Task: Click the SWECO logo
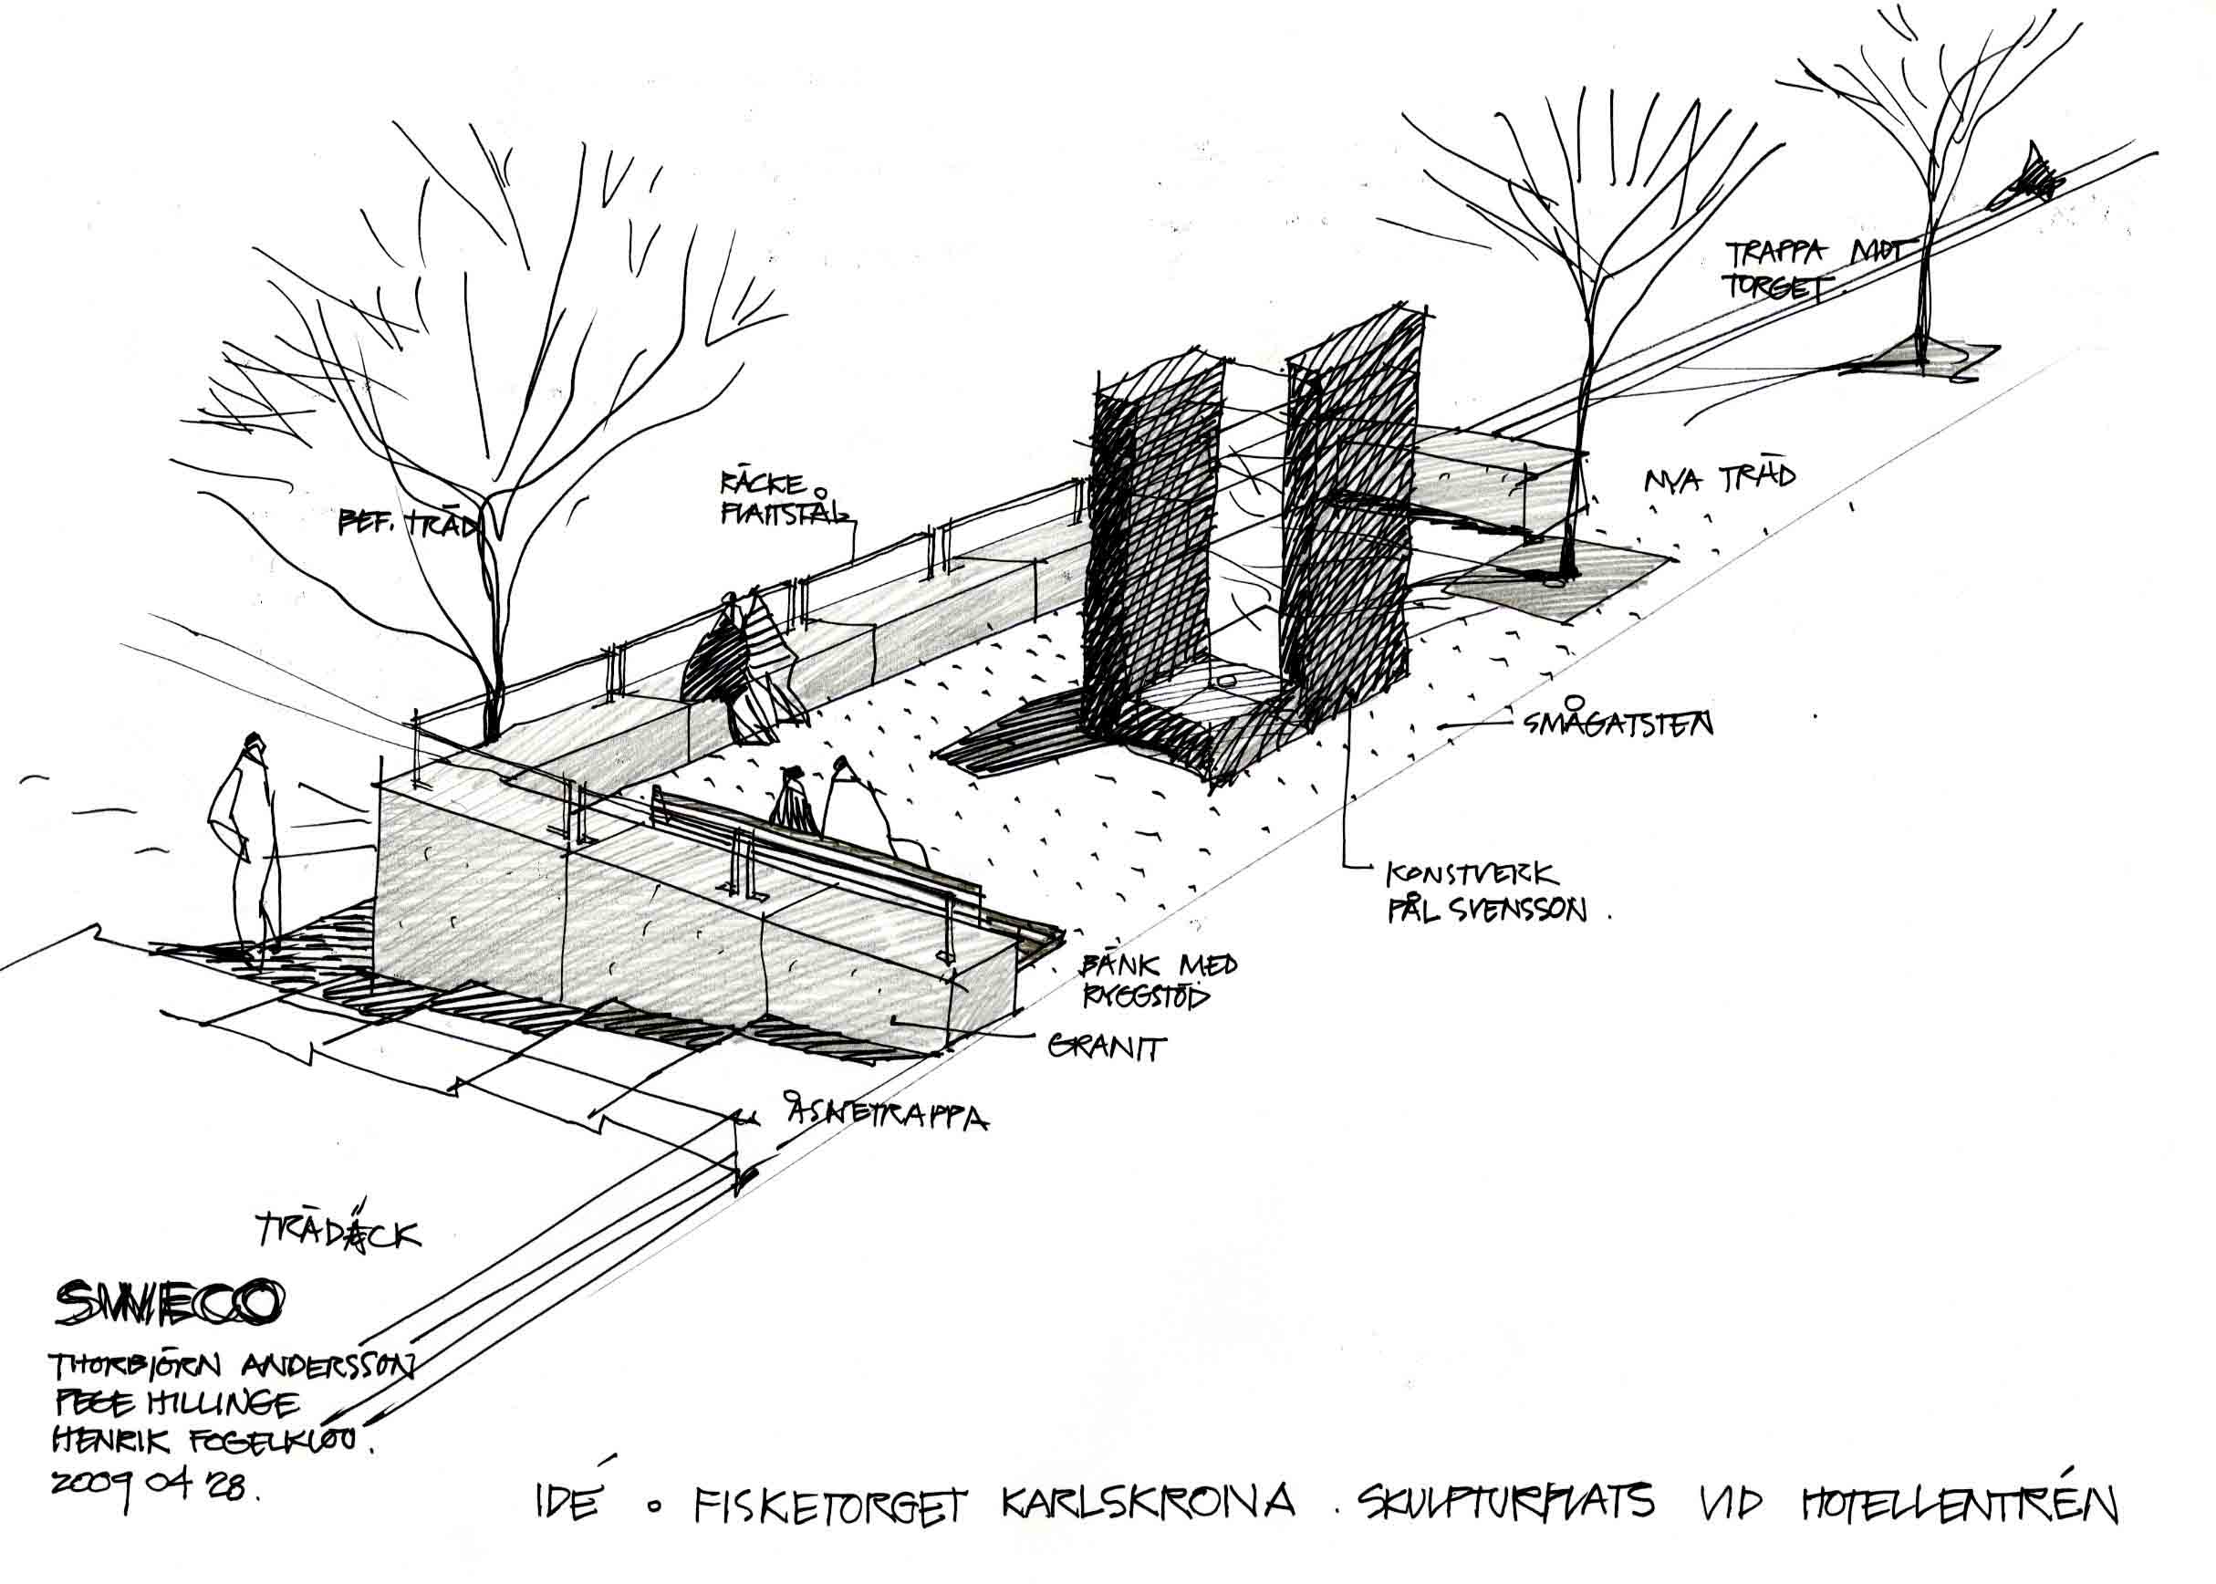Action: tap(170, 1304)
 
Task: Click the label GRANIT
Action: tap(1107, 1048)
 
